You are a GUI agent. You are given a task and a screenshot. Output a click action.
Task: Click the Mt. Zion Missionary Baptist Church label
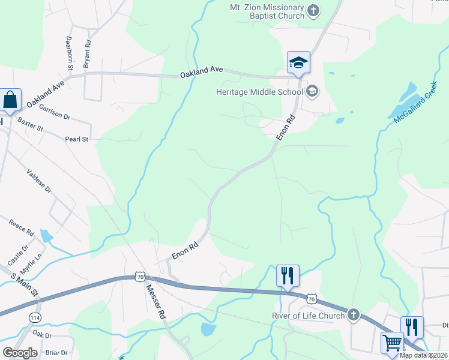[x=268, y=11]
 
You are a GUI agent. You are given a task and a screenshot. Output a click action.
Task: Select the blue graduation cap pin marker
[x=298, y=63]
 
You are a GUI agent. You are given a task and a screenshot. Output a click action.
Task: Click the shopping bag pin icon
[x=11, y=100]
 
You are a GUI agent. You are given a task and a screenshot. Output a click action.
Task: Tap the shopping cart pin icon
[x=392, y=343]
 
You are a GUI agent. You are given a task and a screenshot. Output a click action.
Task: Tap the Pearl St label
[x=76, y=139]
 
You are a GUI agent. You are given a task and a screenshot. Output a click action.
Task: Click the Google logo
[x=20, y=353]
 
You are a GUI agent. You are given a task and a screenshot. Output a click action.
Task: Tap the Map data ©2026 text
[x=422, y=355]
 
